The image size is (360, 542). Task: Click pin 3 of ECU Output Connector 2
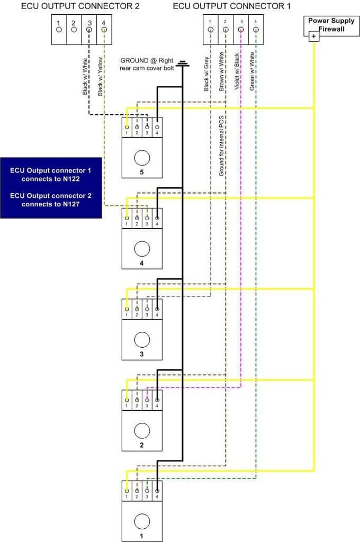[89, 30]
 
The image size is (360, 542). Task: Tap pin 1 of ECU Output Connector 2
[59, 30]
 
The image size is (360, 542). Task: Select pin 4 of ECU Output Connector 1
[256, 30]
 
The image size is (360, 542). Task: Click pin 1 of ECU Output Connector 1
[211, 30]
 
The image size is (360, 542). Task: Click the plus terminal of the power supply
[313, 37]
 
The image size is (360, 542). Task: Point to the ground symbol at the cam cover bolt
[182, 64]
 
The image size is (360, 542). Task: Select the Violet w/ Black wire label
[237, 71]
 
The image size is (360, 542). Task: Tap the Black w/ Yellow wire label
[100, 76]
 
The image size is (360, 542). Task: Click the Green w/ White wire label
[252, 71]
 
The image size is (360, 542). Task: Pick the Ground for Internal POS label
[221, 146]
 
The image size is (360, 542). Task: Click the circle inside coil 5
[142, 158]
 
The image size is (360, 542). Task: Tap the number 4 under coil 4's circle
[141, 263]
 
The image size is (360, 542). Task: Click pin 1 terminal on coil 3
[127, 309]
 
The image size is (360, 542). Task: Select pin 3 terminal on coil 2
[147, 400]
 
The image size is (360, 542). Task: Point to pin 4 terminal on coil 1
[157, 491]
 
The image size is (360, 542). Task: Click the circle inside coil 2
[142, 431]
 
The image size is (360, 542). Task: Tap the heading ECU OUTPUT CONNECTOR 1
[232, 6]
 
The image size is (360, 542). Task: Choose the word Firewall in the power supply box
[331, 29]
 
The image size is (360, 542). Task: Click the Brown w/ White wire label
[222, 71]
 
